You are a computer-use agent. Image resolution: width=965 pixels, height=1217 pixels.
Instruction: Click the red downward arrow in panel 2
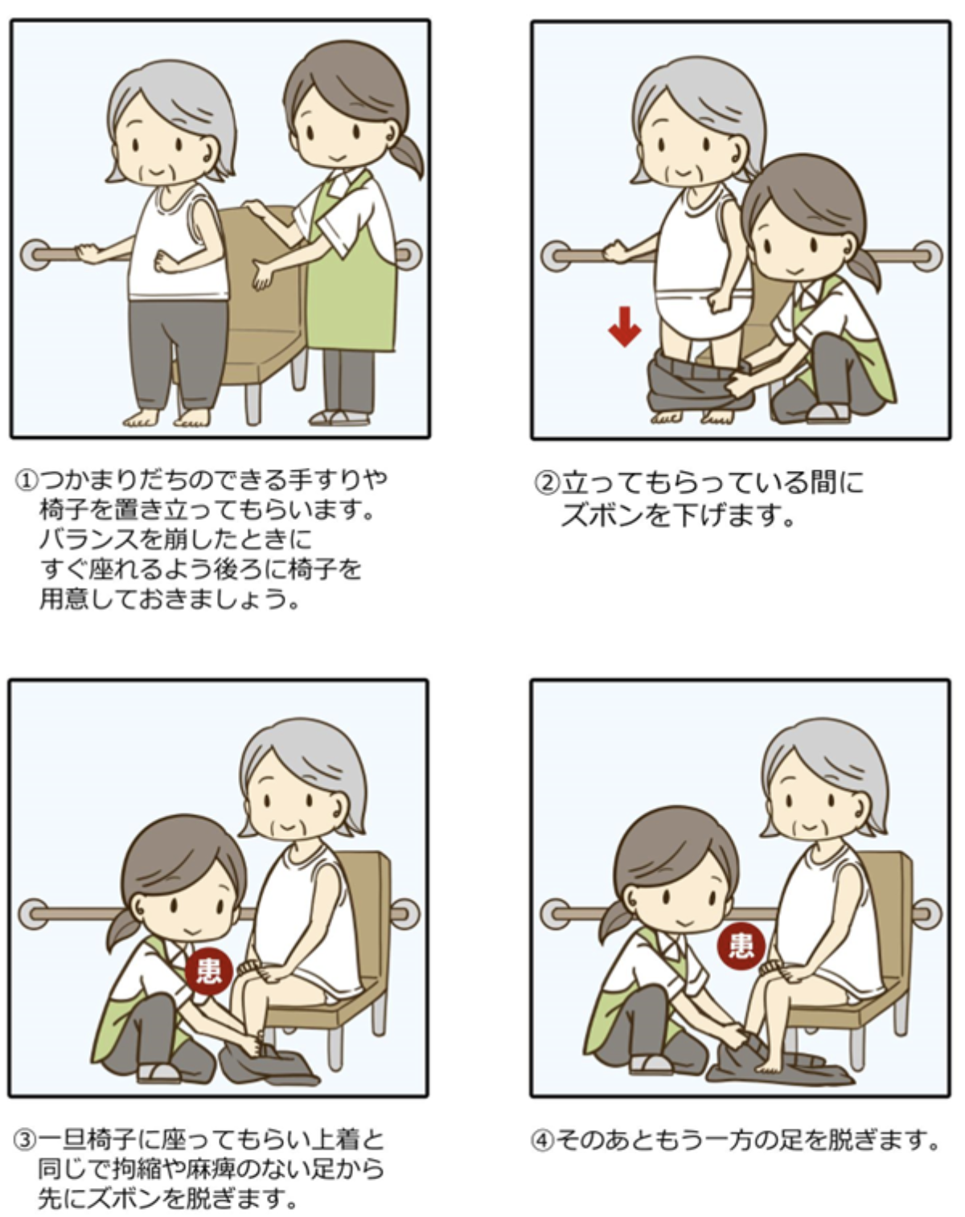coord(624,326)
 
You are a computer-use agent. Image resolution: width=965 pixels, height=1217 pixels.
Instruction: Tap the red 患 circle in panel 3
coord(209,970)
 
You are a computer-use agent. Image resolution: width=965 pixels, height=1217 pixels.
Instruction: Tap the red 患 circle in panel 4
coord(741,946)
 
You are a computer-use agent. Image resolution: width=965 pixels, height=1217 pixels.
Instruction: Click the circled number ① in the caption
coord(26,480)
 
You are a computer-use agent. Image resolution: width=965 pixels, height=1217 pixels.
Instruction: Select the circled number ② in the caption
coord(547,483)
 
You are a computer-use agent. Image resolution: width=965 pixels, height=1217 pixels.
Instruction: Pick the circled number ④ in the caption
coord(542,1140)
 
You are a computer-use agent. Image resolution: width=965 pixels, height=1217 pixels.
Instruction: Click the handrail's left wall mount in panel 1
coord(35,255)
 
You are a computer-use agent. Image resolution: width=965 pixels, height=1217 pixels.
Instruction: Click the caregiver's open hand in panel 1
coord(263,275)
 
